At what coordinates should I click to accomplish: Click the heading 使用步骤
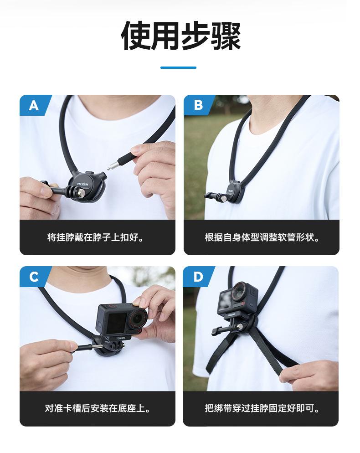pos(180,36)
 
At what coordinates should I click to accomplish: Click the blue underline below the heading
pos(178,68)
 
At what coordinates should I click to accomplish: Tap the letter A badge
pos(34,106)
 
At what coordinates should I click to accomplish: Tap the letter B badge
pos(198,106)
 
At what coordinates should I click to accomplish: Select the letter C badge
pos(34,277)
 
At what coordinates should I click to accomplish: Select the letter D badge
pos(198,277)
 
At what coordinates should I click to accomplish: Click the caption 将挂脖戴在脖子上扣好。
pos(97,237)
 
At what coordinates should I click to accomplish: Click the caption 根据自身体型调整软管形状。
pos(262,237)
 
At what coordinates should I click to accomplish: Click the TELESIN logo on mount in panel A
pos(85,185)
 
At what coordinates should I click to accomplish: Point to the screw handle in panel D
pos(218,331)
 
